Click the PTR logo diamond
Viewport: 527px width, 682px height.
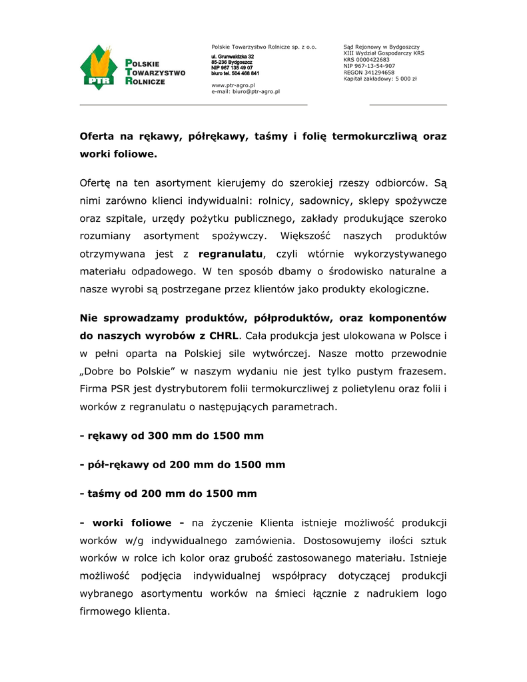point(99,67)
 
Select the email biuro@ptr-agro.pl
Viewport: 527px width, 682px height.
point(256,91)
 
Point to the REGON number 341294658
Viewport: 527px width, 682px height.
point(379,72)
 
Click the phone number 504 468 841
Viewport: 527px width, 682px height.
point(246,73)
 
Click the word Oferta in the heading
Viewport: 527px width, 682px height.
point(97,137)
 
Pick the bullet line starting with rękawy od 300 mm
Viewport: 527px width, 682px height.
point(171,436)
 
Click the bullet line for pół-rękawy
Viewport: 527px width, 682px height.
point(182,464)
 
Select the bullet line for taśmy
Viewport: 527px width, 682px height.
point(168,494)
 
